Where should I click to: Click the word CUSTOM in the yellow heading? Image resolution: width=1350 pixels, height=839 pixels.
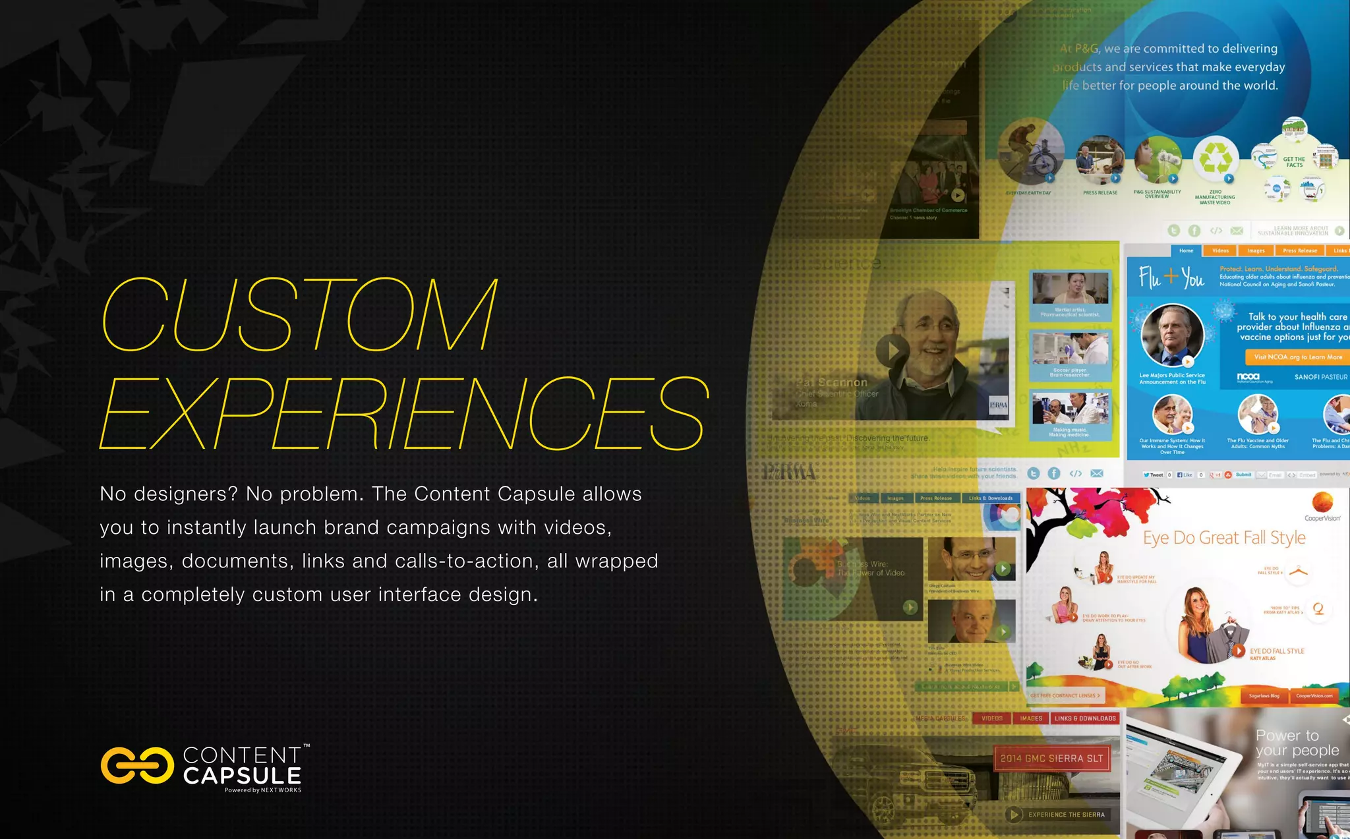tap(300, 314)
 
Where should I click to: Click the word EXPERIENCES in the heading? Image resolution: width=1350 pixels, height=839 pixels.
tap(404, 413)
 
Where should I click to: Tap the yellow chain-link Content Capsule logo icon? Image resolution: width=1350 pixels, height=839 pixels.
tap(137, 766)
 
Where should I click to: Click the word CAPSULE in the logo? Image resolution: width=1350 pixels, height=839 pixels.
tap(242, 776)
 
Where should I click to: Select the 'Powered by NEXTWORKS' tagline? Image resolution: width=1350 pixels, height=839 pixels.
tap(262, 790)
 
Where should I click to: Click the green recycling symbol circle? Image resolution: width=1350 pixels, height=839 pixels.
tap(1216, 158)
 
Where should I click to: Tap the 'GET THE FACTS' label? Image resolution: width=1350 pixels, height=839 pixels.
tap(1294, 162)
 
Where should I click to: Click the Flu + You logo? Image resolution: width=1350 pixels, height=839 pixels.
tap(1171, 277)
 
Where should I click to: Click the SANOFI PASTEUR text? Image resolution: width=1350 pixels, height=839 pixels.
tap(1320, 377)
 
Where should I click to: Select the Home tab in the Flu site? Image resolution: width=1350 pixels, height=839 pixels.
tap(1186, 250)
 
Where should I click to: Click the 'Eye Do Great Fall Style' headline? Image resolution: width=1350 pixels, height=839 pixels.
tap(1224, 538)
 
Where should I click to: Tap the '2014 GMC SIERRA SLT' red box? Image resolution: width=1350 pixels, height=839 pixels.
tap(1051, 759)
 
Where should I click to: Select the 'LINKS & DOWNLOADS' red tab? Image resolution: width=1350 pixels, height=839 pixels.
tap(1084, 718)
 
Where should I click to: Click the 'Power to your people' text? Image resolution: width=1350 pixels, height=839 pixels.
tap(1296, 743)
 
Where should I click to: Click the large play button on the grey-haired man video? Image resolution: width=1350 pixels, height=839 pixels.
tap(892, 350)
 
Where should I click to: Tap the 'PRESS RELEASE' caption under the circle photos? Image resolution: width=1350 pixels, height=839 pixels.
tap(1100, 193)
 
